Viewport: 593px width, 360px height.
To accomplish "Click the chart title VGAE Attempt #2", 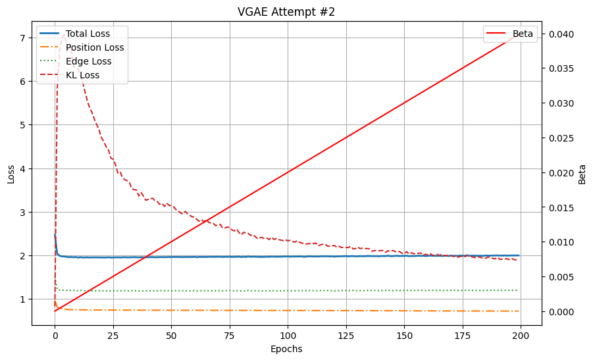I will click(286, 12).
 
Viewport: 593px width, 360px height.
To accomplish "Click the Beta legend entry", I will click(523, 34).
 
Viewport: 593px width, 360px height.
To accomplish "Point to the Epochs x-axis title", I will click(286, 349).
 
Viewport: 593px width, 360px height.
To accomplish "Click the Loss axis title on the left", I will click(11, 173).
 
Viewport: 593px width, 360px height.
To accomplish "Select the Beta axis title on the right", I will click(582, 173).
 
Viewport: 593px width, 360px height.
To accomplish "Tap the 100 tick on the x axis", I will click(288, 335).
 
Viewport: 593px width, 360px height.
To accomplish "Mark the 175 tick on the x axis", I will click(462, 335).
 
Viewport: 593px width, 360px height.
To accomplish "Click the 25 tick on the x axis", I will click(113, 335).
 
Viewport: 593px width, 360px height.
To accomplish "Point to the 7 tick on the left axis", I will click(22, 38).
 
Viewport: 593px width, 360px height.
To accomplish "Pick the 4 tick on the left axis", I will click(22, 168).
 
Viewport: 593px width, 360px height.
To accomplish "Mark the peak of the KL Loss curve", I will click(63, 35).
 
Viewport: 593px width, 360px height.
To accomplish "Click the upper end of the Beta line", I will click(519, 34).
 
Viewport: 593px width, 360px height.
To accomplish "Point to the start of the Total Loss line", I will click(55, 235).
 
